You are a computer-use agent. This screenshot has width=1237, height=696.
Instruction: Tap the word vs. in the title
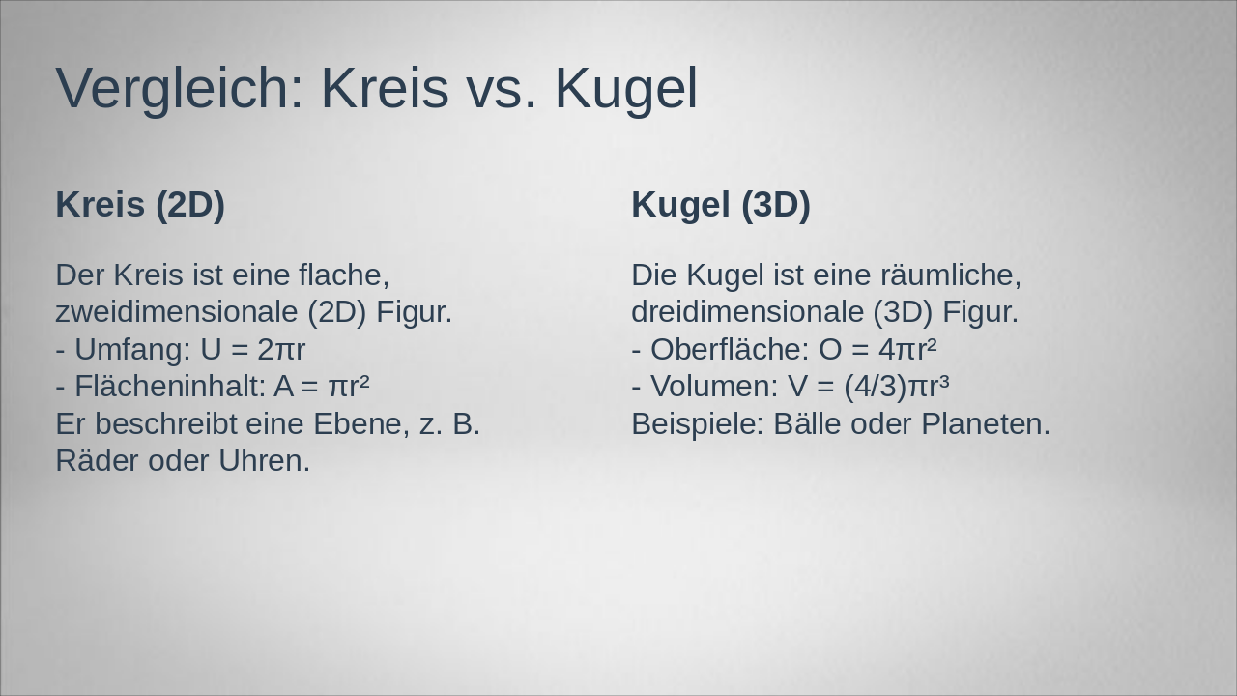click(500, 91)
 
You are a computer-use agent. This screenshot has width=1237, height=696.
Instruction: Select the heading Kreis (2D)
click(140, 206)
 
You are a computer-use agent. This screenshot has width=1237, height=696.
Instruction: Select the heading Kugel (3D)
click(721, 206)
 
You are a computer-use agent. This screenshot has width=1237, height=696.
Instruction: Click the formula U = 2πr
click(252, 350)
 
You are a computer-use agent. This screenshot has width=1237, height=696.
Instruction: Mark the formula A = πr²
click(322, 386)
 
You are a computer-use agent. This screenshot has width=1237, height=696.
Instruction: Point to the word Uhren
click(265, 461)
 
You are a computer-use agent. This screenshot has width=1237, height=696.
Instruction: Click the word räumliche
click(951, 275)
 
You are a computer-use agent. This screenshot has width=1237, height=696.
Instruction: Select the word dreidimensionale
click(748, 312)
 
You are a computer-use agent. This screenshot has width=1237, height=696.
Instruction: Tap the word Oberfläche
click(730, 350)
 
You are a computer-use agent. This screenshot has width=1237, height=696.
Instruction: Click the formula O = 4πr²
click(877, 350)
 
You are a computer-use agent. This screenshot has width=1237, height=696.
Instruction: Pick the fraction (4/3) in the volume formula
click(876, 387)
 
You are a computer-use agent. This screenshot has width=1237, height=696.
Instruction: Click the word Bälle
click(807, 424)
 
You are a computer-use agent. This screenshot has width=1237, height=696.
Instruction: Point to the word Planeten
click(986, 424)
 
